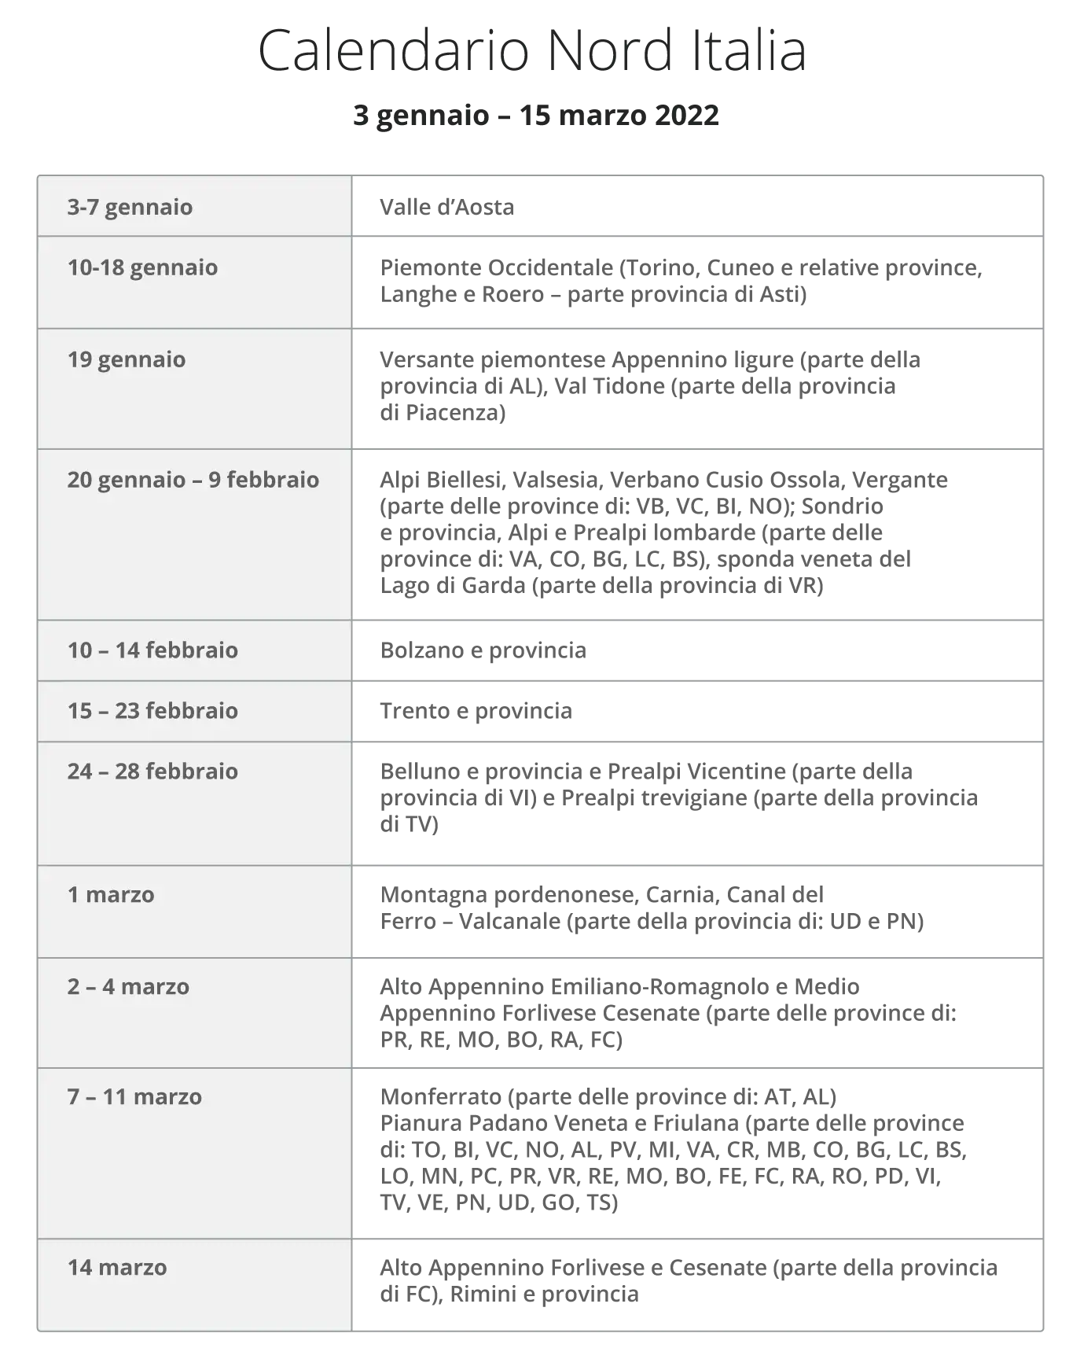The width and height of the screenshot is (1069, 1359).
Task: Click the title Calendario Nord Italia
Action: point(532,51)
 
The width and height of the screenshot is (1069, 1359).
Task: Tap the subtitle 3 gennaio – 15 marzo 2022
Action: point(535,116)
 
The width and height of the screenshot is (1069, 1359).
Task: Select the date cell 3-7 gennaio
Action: point(130,207)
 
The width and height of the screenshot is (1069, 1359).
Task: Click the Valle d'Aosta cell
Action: point(447,207)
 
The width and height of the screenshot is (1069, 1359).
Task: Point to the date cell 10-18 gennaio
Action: point(142,267)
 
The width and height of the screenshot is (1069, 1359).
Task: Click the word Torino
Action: point(662,267)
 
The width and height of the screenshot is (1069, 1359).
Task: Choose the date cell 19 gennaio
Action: point(127,359)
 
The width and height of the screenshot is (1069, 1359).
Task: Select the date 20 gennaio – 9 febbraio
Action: point(193,480)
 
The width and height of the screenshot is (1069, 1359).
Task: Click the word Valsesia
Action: point(555,480)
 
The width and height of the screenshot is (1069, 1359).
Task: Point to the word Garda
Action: point(490,585)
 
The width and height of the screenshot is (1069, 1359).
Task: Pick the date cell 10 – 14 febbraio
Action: point(152,650)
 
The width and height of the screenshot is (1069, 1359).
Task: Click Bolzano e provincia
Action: point(483,650)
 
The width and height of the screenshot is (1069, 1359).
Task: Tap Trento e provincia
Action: point(476,711)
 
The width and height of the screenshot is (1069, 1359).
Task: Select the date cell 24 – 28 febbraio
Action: point(152,772)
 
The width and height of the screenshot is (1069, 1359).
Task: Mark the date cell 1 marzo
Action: point(111,895)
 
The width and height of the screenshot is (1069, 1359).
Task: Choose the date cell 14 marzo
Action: point(117,1268)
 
